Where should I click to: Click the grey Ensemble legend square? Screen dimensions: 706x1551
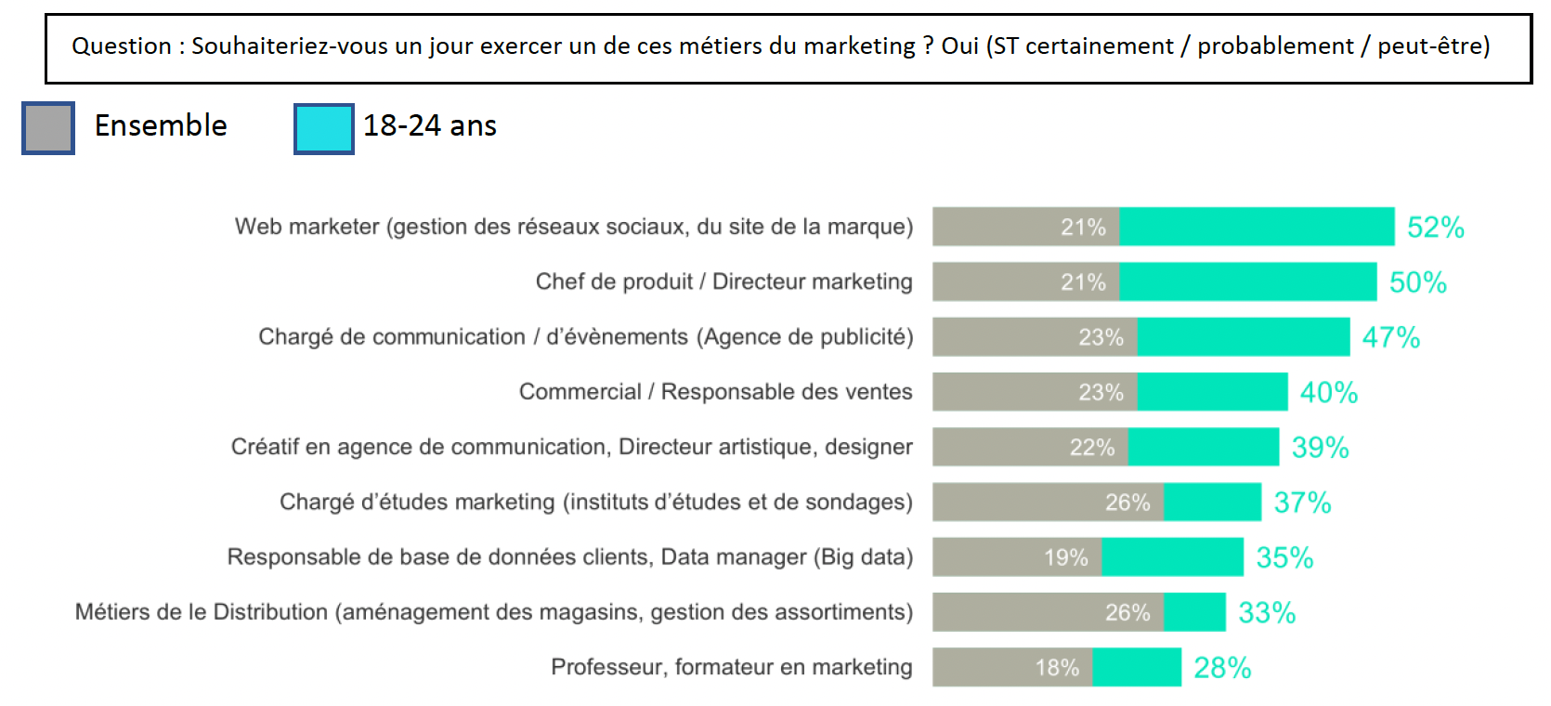coord(48,128)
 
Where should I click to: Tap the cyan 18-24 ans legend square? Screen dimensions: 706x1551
coord(324,128)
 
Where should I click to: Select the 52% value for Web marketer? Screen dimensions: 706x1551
coord(1435,228)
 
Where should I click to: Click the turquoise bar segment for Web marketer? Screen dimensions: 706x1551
coord(1256,227)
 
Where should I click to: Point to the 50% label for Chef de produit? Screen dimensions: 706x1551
coord(1417,282)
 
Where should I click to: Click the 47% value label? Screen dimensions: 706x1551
coord(1390,337)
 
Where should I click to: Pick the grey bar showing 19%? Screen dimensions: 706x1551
coord(1016,557)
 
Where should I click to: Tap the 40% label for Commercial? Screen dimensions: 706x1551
coord(1328,392)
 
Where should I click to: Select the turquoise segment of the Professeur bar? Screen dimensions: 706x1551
coord(1136,668)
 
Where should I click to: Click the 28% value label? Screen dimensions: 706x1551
coord(1221,668)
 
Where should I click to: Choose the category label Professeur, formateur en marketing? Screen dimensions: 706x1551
coord(731,667)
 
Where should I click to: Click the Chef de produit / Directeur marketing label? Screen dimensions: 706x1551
coord(723,281)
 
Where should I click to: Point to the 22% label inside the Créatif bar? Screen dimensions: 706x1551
coord(1091,448)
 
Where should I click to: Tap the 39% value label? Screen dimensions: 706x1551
coord(1320,448)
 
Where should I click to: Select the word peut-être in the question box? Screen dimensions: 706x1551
coord(1433,46)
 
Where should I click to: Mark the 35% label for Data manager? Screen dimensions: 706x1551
coord(1284,557)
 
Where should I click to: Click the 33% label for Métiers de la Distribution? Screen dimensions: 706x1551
coord(1267,613)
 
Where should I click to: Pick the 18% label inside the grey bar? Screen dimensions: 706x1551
coord(1057,668)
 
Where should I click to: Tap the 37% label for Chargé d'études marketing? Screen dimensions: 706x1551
coord(1302,503)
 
